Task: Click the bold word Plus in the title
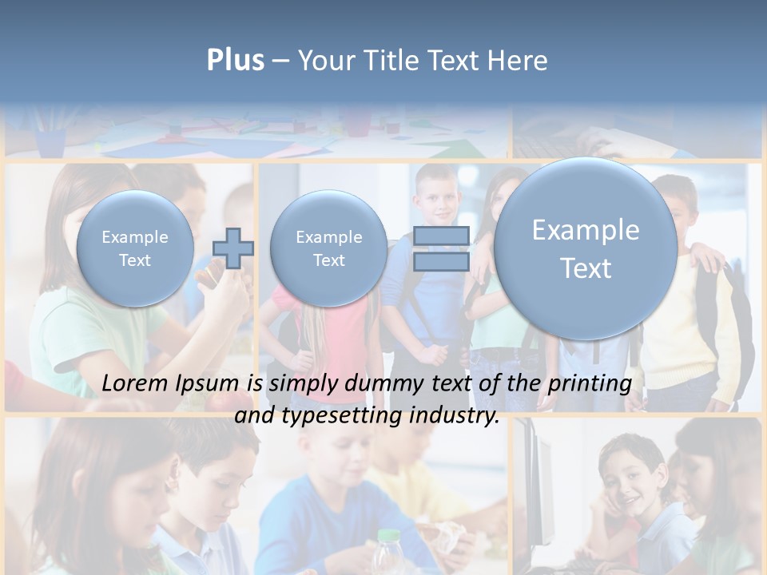point(235,61)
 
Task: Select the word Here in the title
point(519,61)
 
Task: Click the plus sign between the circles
point(233,248)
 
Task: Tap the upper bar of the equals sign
point(442,236)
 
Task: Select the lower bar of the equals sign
point(442,261)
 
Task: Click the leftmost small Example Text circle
point(135,248)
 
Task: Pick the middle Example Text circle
point(328,248)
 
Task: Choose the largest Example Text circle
point(586,248)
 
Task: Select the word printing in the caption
point(589,384)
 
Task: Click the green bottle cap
point(387,537)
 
